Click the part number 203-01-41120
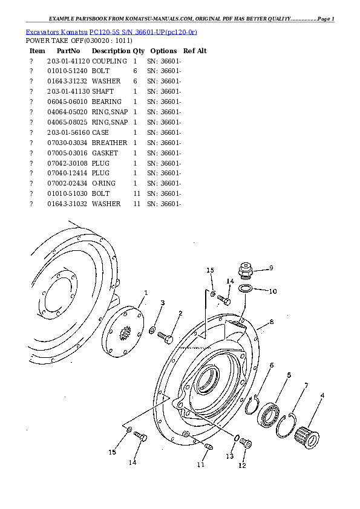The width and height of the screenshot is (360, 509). coord(68,61)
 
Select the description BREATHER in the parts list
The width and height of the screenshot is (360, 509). coord(110,143)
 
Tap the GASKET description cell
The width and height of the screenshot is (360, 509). coord(105,153)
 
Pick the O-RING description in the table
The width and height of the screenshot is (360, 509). coord(103,183)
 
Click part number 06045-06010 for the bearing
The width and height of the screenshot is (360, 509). coord(68,102)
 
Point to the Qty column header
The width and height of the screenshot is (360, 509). coord(139,51)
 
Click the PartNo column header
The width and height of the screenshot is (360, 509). coord(68,51)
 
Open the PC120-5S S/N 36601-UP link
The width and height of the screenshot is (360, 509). coord(143,32)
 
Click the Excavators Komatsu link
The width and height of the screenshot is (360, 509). coord(56,32)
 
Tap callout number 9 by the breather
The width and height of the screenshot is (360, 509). coord(271,268)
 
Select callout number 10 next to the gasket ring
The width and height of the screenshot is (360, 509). coord(273,291)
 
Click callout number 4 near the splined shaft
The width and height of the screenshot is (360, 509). coord(322,395)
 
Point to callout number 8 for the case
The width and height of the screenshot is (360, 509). coord(272,322)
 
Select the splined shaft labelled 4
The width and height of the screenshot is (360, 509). coord(307,437)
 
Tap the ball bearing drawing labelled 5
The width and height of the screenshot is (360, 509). coord(269,415)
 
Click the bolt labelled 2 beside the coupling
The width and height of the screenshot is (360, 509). coord(165,337)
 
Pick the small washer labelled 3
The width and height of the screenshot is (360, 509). coord(152,331)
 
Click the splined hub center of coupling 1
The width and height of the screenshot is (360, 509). coord(125,333)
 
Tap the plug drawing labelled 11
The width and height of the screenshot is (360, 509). coord(209,446)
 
